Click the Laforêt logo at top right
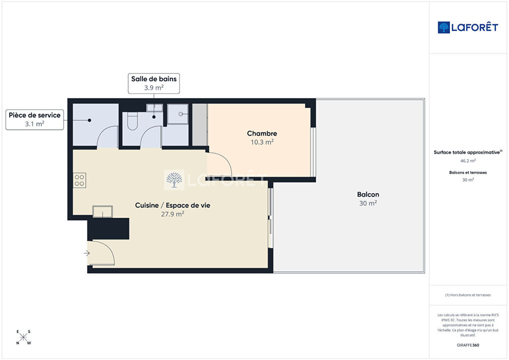pos(468,27)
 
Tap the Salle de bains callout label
pos(154,84)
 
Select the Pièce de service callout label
pos(35,120)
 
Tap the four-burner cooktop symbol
pos(79,180)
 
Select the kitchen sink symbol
pos(103,212)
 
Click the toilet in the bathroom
pos(132,121)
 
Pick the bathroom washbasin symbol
pos(155,108)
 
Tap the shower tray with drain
pos(178,114)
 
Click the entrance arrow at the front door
pos(87,253)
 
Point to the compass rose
pos(23,337)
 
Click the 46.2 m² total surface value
pos(468,161)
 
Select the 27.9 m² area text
pos(173,214)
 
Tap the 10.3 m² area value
pos(262,142)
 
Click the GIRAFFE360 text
pos(468,345)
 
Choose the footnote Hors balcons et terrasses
pos(468,295)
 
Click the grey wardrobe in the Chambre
pos(200,125)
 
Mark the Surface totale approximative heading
pos(468,152)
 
